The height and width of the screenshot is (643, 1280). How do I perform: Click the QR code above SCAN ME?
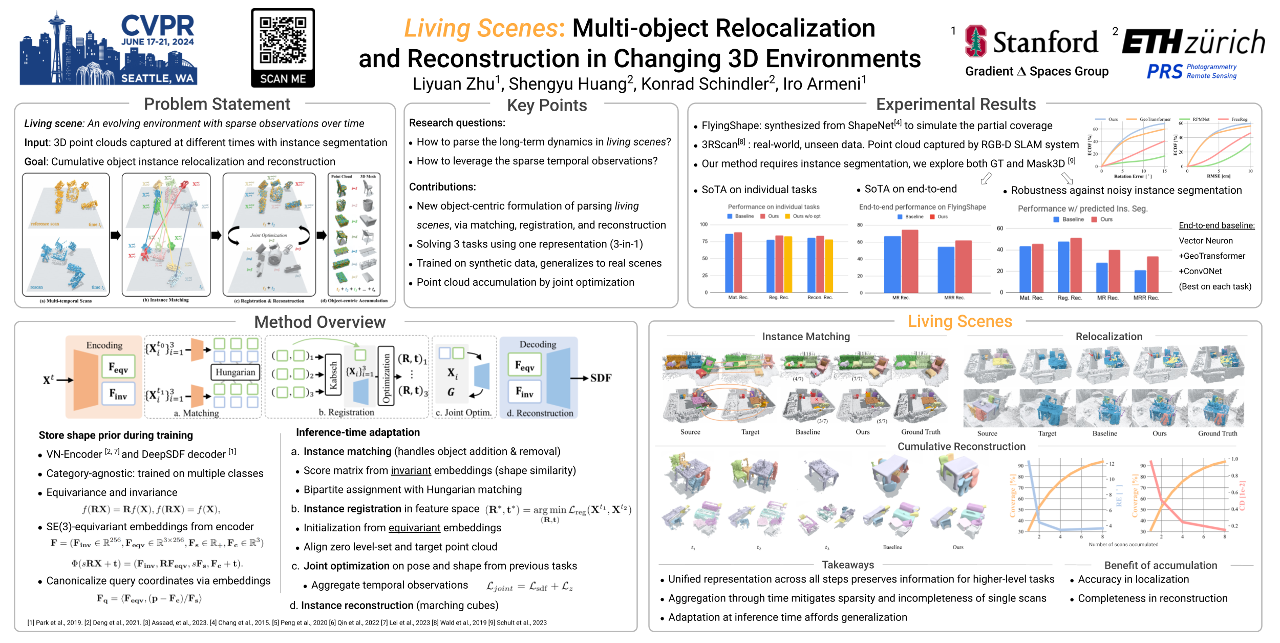tap(283, 40)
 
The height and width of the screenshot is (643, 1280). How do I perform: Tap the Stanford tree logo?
tap(975, 41)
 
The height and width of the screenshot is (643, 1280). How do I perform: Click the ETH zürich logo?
tap(1193, 42)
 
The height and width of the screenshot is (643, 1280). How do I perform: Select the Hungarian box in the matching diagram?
tap(235, 372)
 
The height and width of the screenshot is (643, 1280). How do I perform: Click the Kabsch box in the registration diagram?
tap(333, 376)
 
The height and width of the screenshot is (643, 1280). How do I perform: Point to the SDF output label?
tap(601, 378)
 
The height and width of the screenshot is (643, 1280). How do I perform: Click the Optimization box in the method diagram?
tap(386, 376)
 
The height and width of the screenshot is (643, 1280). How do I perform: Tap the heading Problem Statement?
tap(217, 104)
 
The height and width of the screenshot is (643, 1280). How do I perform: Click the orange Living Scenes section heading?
tap(959, 321)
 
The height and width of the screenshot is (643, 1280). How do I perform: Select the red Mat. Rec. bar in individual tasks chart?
tap(738, 262)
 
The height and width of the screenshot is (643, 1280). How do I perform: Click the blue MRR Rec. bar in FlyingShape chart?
tap(946, 269)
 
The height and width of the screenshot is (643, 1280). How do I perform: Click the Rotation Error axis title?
tap(1133, 176)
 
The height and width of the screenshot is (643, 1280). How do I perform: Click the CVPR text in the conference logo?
tap(157, 26)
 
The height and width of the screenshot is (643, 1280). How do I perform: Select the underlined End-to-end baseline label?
tap(1217, 225)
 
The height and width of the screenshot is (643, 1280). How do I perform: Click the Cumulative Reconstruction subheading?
tap(961, 446)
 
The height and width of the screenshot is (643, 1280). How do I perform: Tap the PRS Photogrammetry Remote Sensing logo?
tap(1191, 71)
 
